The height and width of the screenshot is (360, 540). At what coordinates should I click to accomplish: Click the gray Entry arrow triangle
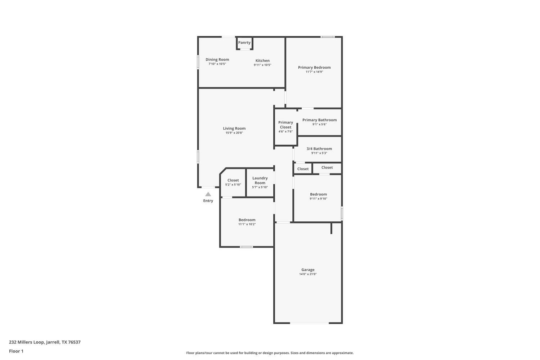pyautogui.click(x=208, y=194)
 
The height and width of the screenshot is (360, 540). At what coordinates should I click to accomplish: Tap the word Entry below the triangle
pyautogui.click(x=208, y=201)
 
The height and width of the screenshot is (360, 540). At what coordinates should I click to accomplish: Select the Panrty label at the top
pyautogui.click(x=244, y=42)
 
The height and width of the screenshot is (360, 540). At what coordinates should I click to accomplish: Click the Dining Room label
pyautogui.click(x=217, y=59)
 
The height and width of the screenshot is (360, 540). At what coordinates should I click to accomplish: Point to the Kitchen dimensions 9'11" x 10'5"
pyautogui.click(x=262, y=65)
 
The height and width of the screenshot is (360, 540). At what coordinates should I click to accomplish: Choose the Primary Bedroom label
pyautogui.click(x=314, y=67)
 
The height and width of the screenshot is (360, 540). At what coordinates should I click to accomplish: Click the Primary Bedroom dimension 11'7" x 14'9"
pyautogui.click(x=314, y=72)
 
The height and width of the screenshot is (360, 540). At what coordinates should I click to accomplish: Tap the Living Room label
pyautogui.click(x=234, y=128)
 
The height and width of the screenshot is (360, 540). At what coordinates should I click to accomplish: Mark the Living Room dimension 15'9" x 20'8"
pyautogui.click(x=234, y=133)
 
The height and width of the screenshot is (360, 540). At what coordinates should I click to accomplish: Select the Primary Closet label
pyautogui.click(x=285, y=125)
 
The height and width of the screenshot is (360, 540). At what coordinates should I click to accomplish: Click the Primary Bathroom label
pyautogui.click(x=319, y=120)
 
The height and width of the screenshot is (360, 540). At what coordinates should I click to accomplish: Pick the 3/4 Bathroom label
pyautogui.click(x=319, y=149)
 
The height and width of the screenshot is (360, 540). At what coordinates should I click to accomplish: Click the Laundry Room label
pyautogui.click(x=260, y=180)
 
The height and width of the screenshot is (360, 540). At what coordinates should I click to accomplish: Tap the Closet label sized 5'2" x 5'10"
pyautogui.click(x=233, y=180)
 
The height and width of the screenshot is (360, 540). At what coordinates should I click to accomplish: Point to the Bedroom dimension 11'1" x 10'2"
pyautogui.click(x=247, y=224)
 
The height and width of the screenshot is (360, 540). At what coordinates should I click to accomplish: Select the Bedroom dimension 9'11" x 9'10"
pyautogui.click(x=318, y=199)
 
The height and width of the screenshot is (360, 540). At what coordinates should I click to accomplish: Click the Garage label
pyautogui.click(x=308, y=270)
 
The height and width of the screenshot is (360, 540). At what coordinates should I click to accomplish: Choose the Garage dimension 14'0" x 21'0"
pyautogui.click(x=308, y=274)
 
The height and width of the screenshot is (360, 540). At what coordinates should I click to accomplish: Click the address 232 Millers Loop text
pyautogui.click(x=45, y=342)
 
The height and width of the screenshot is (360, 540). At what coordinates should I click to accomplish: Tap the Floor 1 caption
pyautogui.click(x=16, y=351)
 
